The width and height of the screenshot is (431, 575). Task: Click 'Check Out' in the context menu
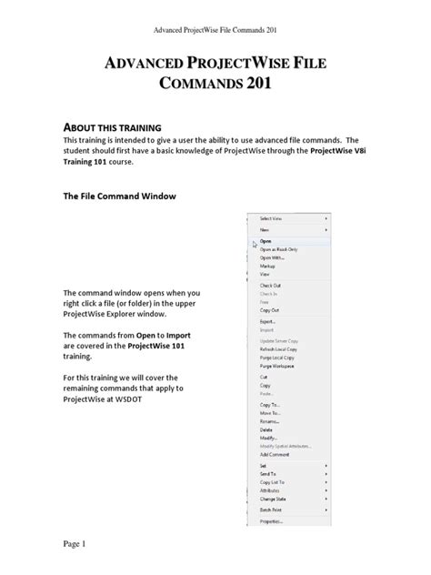pos(269,287)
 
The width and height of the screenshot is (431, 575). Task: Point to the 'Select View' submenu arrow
pos(326,219)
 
